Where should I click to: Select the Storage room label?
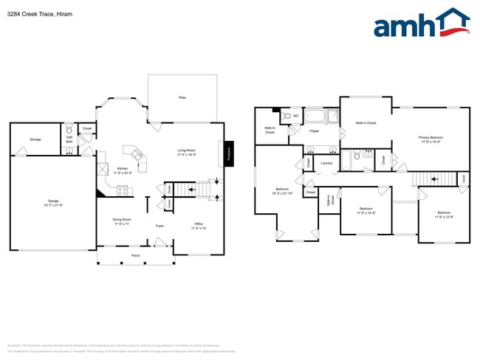(x=35, y=139)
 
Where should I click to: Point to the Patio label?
(x=182, y=97)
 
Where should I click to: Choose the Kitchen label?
(x=123, y=170)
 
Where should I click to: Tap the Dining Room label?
(x=122, y=221)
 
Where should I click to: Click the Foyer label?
(x=159, y=226)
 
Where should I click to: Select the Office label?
(x=199, y=226)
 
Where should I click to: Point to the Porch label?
(x=136, y=255)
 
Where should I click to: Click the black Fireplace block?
(x=229, y=153)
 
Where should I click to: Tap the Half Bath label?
(x=69, y=139)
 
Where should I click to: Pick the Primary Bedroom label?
(x=431, y=139)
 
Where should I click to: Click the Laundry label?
(x=326, y=163)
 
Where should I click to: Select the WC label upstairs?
(x=295, y=116)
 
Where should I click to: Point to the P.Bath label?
(x=315, y=131)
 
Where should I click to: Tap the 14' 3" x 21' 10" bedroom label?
(x=283, y=191)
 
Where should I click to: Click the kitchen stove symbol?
(x=123, y=190)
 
